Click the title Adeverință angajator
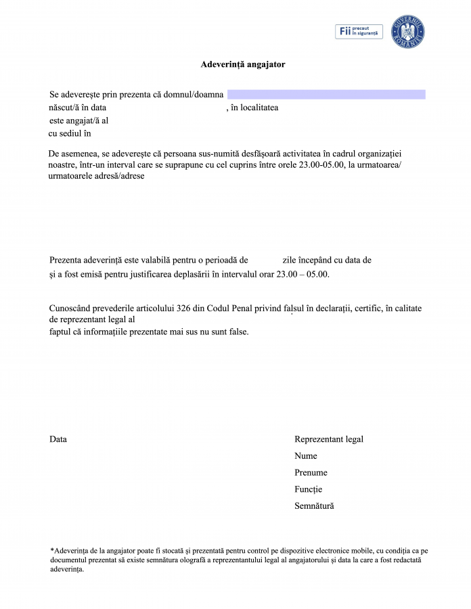click(x=242, y=64)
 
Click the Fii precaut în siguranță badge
click(x=359, y=31)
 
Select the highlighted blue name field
click(x=326, y=94)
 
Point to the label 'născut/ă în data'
click(x=78, y=107)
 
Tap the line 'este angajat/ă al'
click(x=79, y=120)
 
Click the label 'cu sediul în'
click(x=70, y=133)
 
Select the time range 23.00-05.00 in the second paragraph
click(x=317, y=164)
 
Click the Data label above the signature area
click(x=58, y=439)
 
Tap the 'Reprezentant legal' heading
click(x=329, y=439)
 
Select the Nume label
click(x=306, y=456)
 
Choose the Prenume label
click(x=311, y=472)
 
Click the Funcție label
click(x=309, y=489)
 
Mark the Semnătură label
click(x=314, y=505)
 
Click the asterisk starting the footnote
click(x=52, y=550)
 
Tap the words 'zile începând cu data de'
click(x=327, y=260)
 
